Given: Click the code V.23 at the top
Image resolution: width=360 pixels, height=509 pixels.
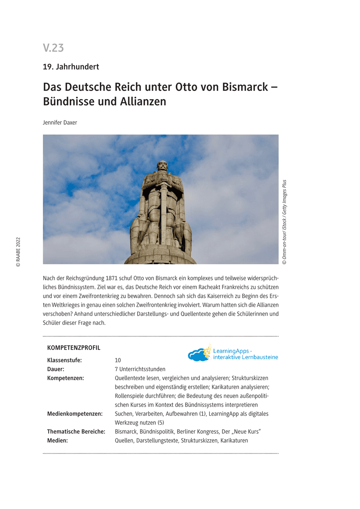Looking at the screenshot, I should tap(53, 48).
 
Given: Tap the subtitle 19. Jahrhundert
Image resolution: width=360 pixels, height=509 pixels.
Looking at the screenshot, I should tap(71, 67).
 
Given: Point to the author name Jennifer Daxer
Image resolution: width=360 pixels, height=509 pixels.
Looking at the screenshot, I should tap(60, 123).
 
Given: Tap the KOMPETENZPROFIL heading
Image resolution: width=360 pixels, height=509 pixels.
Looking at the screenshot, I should tap(74, 348).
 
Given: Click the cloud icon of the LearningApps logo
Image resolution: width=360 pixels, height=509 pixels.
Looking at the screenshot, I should tap(198, 355).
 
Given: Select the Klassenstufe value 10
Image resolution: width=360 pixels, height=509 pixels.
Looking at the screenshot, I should tap(118, 360).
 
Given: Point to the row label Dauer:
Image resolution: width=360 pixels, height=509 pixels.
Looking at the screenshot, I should tap(56, 369).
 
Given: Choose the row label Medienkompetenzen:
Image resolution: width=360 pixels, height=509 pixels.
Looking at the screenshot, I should tap(75, 414).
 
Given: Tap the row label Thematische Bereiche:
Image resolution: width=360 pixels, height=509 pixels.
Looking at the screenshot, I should tap(76, 431).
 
